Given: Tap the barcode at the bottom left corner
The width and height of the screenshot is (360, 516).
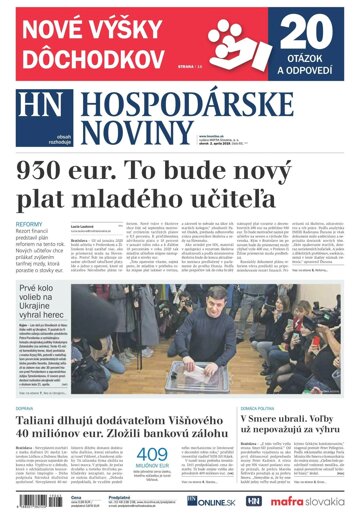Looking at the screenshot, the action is [x=31, y=500].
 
